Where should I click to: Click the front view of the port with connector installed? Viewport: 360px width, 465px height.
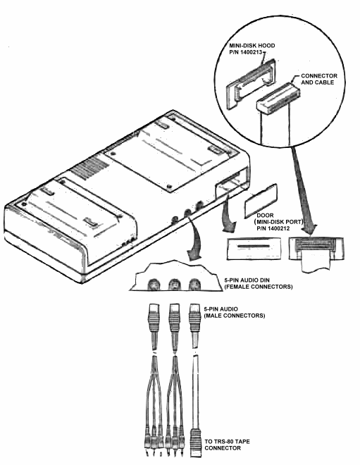tap(315, 249)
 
